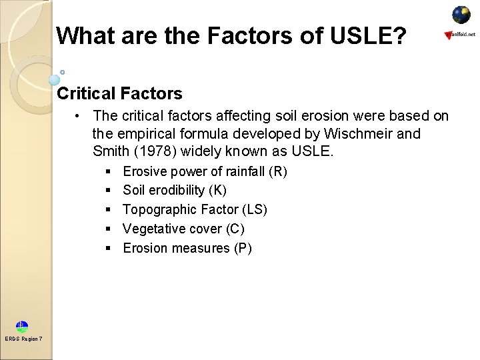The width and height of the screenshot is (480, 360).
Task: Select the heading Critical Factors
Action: click(x=120, y=93)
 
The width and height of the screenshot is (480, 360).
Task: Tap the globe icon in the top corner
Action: click(x=461, y=15)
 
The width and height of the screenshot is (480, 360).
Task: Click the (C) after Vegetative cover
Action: click(x=235, y=229)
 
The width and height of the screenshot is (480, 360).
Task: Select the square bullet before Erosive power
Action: click(x=108, y=172)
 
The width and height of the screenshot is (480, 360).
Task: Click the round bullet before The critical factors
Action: click(x=79, y=116)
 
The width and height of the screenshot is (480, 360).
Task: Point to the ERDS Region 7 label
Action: click(x=23, y=339)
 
